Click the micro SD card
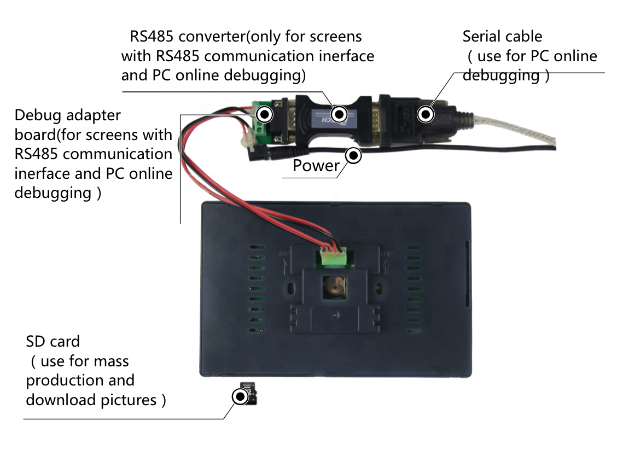[x=249, y=394]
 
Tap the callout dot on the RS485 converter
[x=339, y=114]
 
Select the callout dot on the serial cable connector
[x=426, y=114]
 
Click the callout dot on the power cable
[x=353, y=155]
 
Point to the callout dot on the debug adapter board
[x=265, y=114]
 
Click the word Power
[x=316, y=165]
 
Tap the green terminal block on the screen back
[x=333, y=257]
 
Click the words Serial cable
[x=502, y=36]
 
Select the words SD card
[x=53, y=341]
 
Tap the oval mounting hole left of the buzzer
[x=291, y=288]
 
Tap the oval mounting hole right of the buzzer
[x=379, y=288]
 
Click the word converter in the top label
[x=212, y=36]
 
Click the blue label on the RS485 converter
[x=334, y=119]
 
